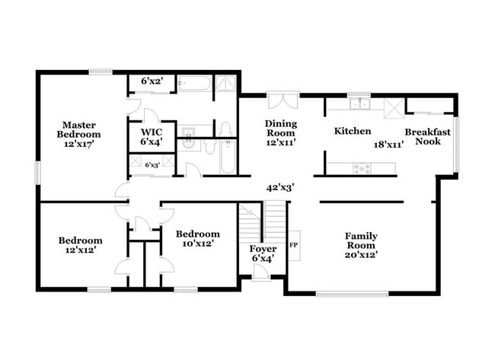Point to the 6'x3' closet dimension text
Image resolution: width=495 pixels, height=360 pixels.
pos(153,164)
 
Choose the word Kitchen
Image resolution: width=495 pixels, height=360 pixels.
pos(353,131)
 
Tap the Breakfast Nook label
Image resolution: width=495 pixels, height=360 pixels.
pos(427,136)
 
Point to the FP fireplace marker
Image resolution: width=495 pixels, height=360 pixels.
pos(294,245)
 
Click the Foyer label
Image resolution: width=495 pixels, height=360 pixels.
pos(263,254)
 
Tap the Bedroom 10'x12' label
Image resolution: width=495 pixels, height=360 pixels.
pos(197,238)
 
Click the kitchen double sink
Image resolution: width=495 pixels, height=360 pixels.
pos(359,104)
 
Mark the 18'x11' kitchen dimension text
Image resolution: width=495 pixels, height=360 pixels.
pos(388,143)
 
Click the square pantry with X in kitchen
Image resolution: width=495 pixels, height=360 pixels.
pos(393,107)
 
